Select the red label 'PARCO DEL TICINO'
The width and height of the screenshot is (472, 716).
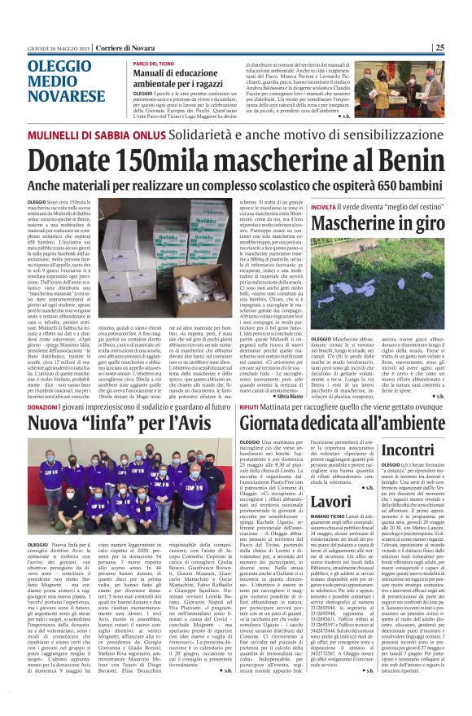(x=159, y=63)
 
